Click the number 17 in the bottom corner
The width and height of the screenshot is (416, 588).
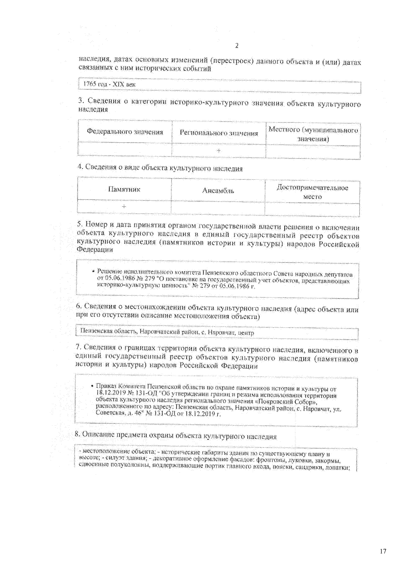pyautogui.click(x=383, y=551)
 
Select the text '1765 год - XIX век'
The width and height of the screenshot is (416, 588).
pyautogui.click(x=109, y=84)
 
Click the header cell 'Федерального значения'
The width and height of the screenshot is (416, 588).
pyautogui.click(x=125, y=132)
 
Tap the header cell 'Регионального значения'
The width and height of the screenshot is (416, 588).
pyautogui.click(x=219, y=133)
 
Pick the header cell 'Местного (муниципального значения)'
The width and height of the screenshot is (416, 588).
pyautogui.click(x=313, y=134)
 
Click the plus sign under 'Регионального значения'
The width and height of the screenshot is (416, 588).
pyautogui.click(x=219, y=151)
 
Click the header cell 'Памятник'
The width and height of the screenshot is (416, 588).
pyautogui.click(x=124, y=189)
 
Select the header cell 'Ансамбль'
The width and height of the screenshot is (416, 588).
pyautogui.click(x=218, y=190)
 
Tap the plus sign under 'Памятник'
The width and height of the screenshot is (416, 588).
pyautogui.click(x=124, y=206)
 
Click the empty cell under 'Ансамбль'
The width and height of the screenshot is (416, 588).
pyautogui.click(x=218, y=208)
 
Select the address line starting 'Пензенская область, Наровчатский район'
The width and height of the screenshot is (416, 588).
pyautogui.click(x=167, y=332)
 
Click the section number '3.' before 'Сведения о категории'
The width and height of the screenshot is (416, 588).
pyautogui.click(x=81, y=101)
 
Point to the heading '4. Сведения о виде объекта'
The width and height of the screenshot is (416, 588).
pyautogui.click(x=160, y=168)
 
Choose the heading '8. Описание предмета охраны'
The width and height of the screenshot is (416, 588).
pyautogui.click(x=175, y=436)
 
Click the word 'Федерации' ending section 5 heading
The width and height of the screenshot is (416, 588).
pyautogui.click(x=95, y=250)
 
